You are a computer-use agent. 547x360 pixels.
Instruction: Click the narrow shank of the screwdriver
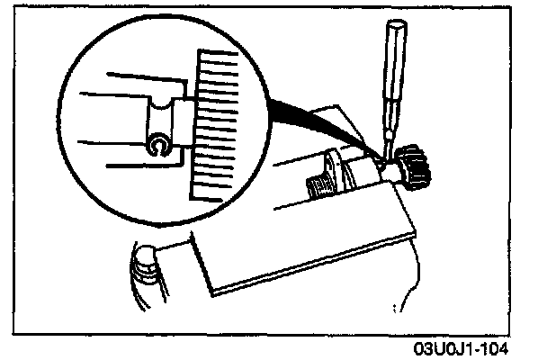(x=388, y=126)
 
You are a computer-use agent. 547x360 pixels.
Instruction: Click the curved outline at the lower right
(x=414, y=297)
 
